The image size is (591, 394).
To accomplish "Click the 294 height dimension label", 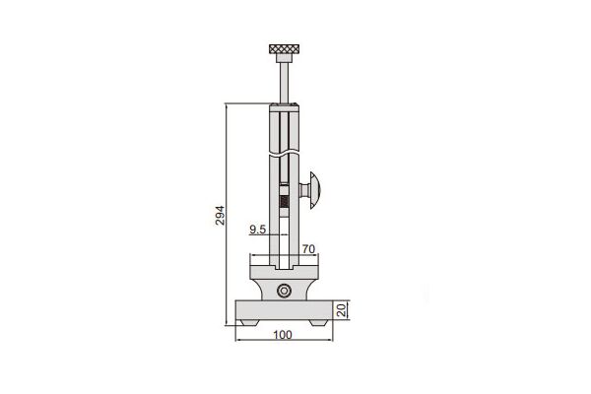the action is pos(220,216).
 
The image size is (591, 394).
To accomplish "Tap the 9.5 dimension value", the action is pos(258,230).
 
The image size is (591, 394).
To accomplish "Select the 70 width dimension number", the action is pos(308,249).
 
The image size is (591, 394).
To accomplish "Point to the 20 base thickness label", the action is pos(341,310).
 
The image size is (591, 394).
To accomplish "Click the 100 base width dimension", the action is pos(283,335).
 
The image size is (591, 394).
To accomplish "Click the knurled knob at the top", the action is pos(285,48).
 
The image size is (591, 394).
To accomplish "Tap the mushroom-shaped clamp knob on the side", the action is pos(315,190).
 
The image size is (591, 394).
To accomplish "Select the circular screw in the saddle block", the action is pos(284,291).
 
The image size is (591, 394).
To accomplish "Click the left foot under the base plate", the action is pos(249,322).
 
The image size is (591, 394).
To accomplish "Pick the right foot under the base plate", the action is pos(318,322).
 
